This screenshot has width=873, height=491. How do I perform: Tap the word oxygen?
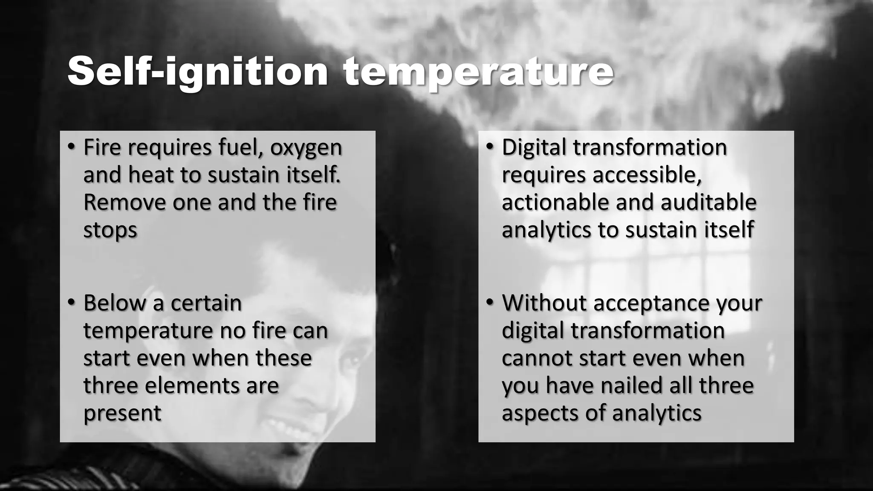coord(306,147)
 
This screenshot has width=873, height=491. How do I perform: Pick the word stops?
coord(110,230)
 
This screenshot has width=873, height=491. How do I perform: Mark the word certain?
coord(206,303)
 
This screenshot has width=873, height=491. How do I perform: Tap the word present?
coord(122,413)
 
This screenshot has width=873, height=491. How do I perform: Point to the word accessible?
coord(647,175)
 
